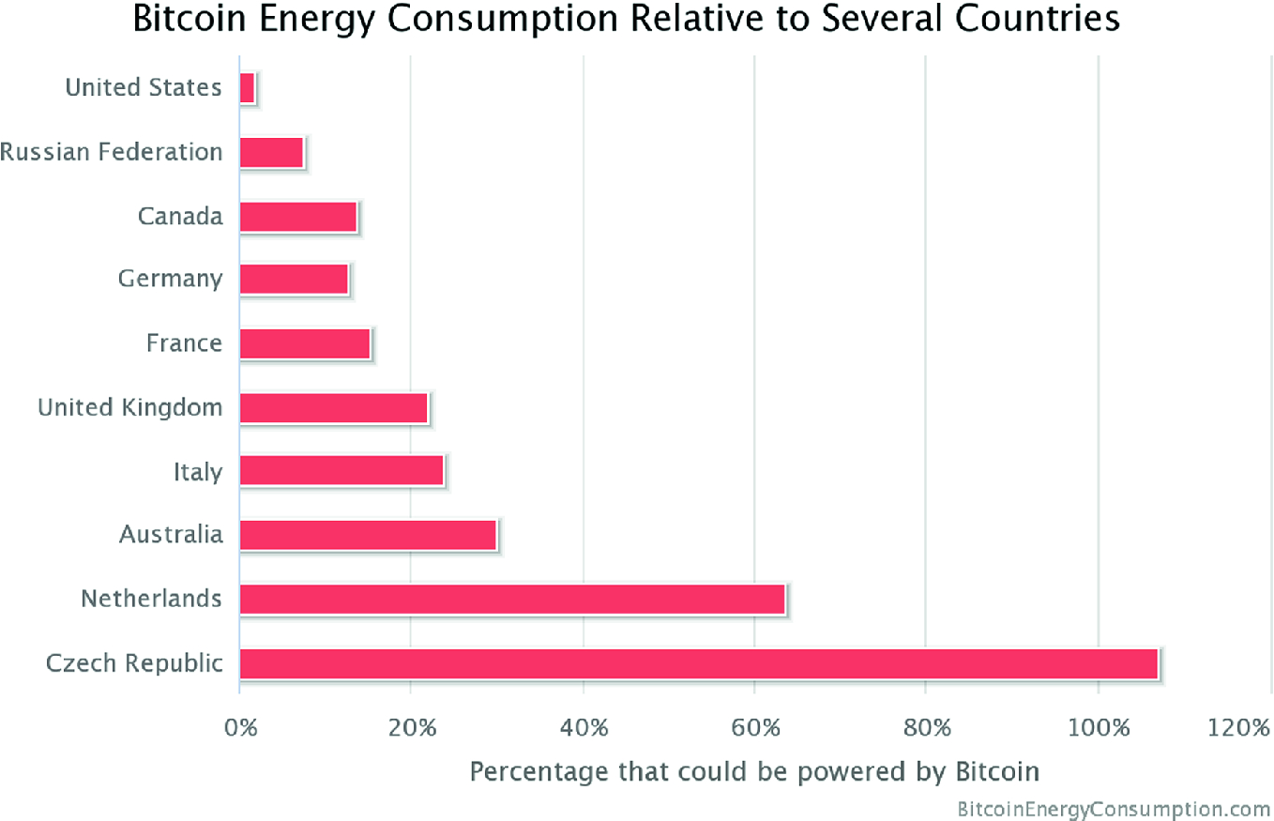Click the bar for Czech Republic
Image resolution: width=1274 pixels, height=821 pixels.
tap(699, 663)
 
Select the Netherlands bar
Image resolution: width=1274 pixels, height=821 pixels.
tap(512, 599)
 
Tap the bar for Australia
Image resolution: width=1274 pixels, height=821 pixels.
tap(368, 535)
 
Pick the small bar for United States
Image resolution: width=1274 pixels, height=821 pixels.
tap(247, 88)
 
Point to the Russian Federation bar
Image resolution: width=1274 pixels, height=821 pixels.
tap(271, 152)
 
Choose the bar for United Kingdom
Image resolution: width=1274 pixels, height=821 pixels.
tap(334, 407)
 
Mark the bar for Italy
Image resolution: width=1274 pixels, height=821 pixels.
tap(341, 471)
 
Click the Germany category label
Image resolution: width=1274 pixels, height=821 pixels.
tap(170, 280)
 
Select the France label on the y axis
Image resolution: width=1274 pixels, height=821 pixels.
tap(184, 343)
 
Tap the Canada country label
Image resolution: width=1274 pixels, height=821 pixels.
tap(180, 216)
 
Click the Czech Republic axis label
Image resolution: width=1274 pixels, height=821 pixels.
tap(134, 663)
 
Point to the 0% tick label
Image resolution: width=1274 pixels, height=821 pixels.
tap(240, 728)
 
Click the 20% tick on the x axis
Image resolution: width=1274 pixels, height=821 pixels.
tap(411, 728)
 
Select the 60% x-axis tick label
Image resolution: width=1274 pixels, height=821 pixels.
tap(754, 728)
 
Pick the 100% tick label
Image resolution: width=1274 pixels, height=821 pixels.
tap(1095, 728)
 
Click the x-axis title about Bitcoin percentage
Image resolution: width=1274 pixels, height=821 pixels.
tap(754, 771)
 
